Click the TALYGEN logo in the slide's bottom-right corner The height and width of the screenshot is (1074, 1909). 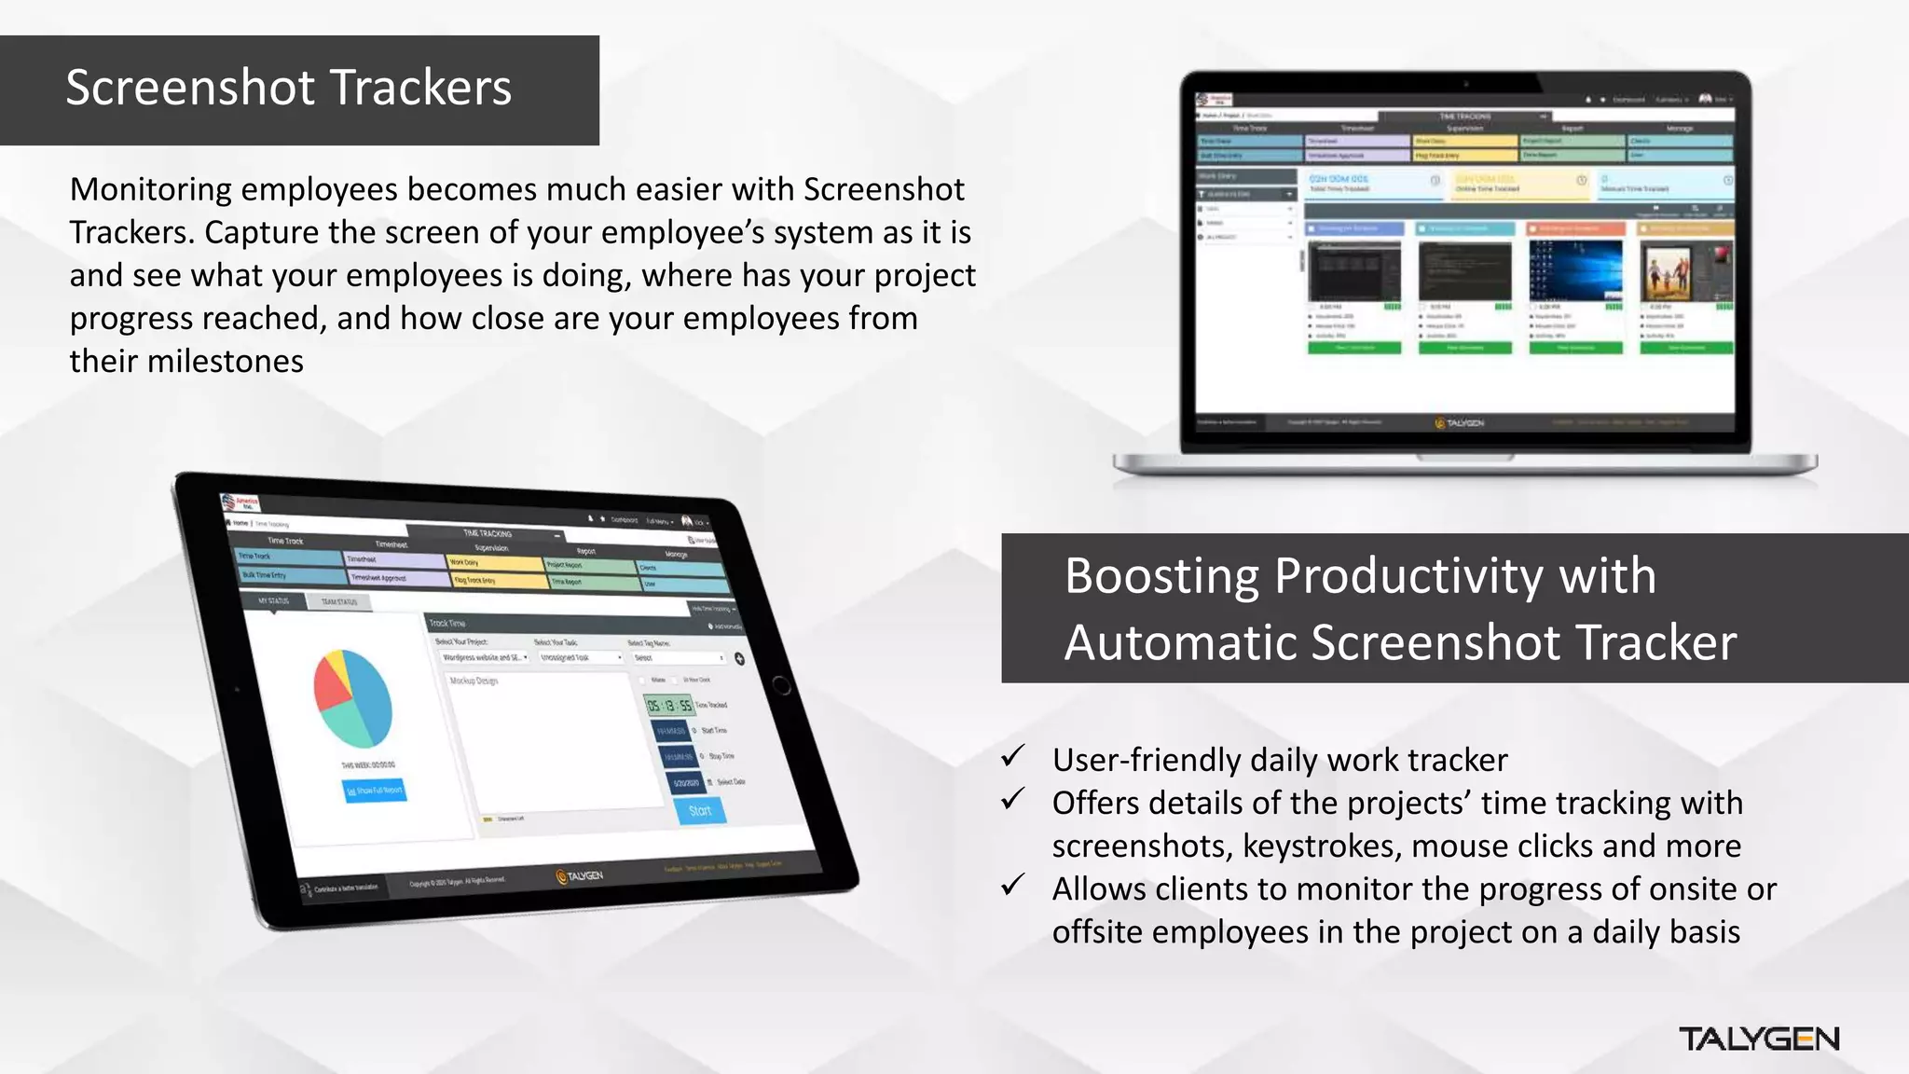click(x=1758, y=1040)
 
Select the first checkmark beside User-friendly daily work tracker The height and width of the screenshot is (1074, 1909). click(x=1013, y=756)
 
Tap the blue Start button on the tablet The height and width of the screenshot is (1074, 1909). click(x=700, y=811)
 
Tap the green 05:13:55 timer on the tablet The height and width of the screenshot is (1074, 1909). click(x=669, y=706)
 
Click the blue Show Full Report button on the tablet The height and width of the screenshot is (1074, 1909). click(x=375, y=791)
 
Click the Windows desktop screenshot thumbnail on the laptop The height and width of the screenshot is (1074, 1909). click(x=1575, y=270)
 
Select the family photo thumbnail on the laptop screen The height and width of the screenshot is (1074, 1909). click(x=1685, y=270)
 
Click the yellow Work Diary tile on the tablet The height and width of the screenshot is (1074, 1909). click(x=492, y=563)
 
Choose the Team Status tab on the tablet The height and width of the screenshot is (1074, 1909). click(x=339, y=602)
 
